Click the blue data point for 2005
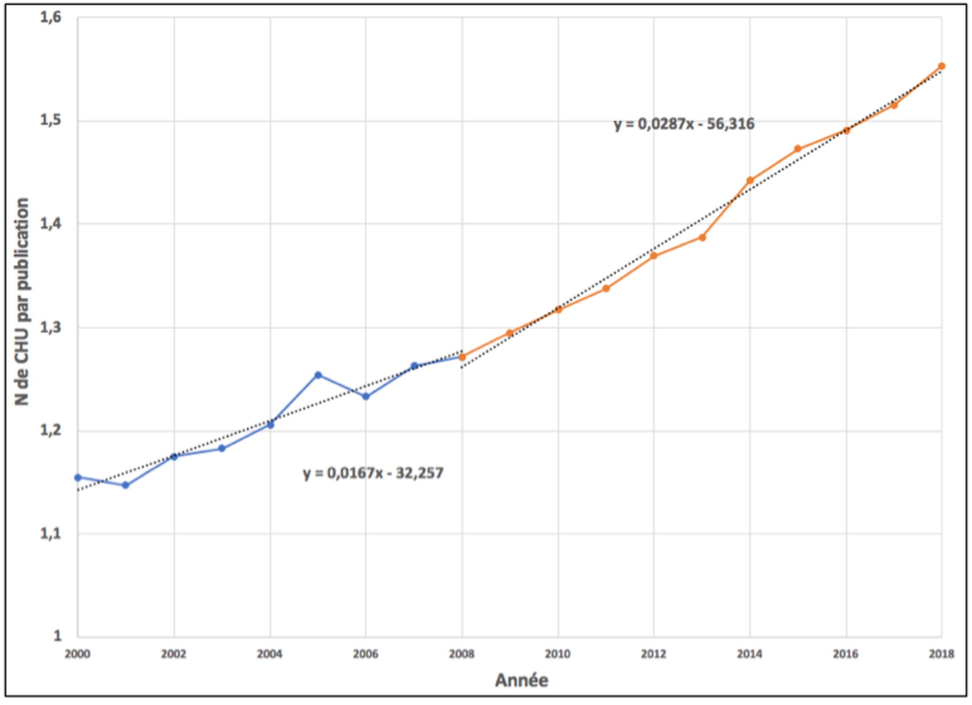tap(318, 375)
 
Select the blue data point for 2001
tap(125, 485)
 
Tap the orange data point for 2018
tap(942, 66)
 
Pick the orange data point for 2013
tap(702, 238)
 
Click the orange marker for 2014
tap(750, 180)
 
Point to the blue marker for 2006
tap(366, 397)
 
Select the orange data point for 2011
tap(606, 288)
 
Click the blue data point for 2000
tap(78, 478)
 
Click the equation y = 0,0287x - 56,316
tap(684, 124)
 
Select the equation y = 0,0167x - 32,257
tap(373, 474)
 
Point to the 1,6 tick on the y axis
tap(50, 18)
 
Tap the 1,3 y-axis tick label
tap(50, 328)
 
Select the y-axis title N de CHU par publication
tap(22, 302)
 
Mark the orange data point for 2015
tap(797, 149)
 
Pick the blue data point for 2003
tap(222, 449)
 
